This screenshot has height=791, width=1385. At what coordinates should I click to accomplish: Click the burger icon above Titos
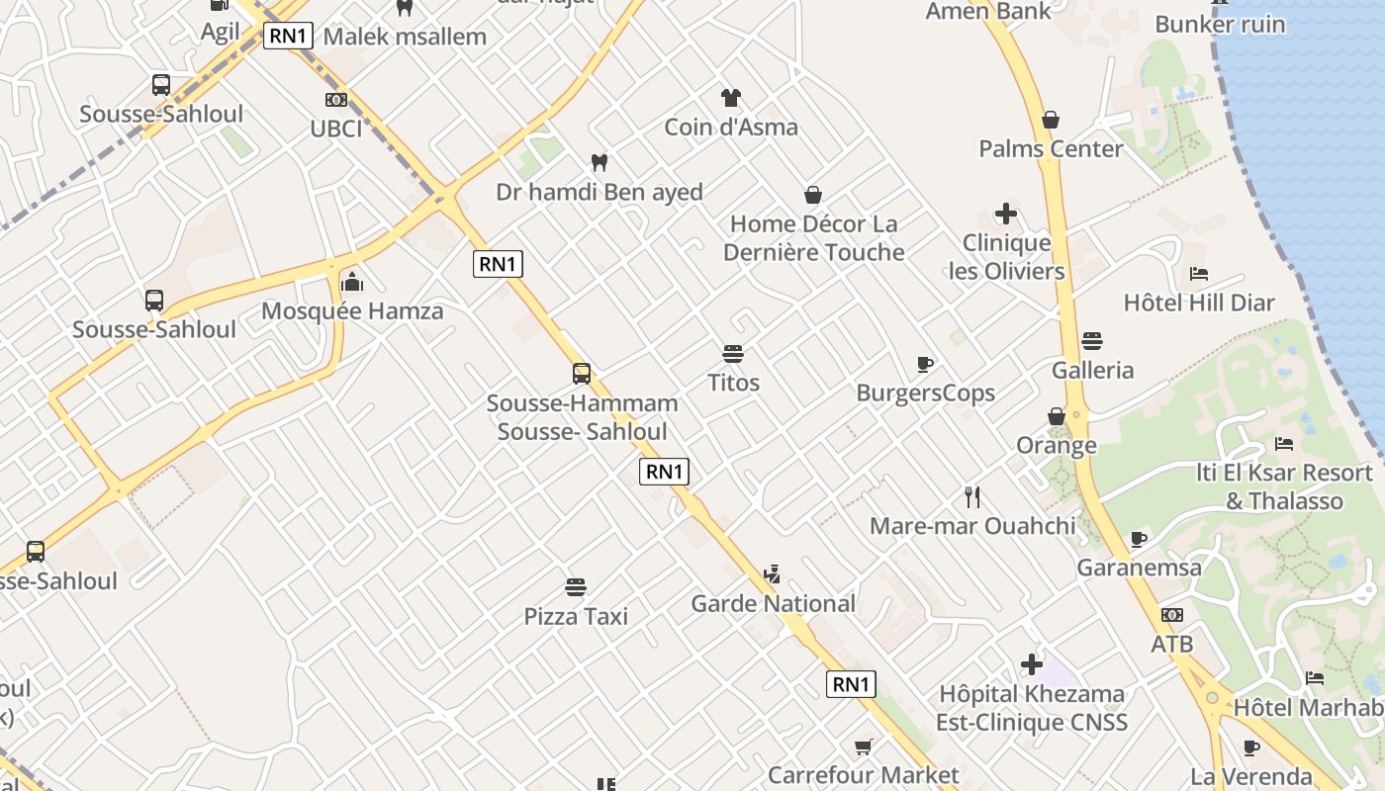[x=733, y=353]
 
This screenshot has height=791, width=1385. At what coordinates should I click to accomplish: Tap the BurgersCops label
[x=926, y=394]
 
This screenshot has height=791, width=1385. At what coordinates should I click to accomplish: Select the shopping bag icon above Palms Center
[x=1051, y=120]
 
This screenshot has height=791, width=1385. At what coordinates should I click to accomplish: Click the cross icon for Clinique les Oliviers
[x=1006, y=214]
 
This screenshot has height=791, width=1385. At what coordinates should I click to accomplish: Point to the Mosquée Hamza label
[x=352, y=312]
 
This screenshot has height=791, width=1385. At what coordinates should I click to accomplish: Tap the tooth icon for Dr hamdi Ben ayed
[x=599, y=162]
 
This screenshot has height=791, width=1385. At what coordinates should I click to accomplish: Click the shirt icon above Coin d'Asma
[x=731, y=97]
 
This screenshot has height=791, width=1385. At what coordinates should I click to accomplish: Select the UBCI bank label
[x=336, y=129]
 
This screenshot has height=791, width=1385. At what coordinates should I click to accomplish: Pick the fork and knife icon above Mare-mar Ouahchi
[x=972, y=497]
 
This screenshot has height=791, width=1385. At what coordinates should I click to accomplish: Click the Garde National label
[x=773, y=603]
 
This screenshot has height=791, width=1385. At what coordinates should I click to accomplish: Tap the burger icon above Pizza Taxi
[x=576, y=587]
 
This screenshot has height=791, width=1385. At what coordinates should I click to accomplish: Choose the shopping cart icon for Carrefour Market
[x=864, y=747]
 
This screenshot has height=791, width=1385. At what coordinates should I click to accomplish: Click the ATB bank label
[x=1172, y=645]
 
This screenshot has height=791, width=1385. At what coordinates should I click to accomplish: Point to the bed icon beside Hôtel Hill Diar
[x=1199, y=273]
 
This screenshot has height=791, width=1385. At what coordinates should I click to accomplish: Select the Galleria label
[x=1093, y=371]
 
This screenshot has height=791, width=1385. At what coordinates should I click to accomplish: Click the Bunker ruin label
[x=1220, y=24]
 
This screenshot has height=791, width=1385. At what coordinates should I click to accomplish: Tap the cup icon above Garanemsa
[x=1139, y=539]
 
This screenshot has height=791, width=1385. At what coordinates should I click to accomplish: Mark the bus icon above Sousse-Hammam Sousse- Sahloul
[x=582, y=373]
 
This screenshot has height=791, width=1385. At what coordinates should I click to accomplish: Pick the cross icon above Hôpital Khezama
[x=1032, y=664]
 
